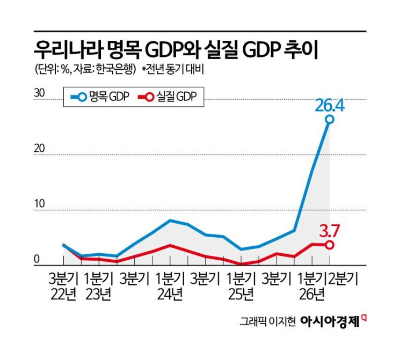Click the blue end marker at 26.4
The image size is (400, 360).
pyautogui.click(x=330, y=119)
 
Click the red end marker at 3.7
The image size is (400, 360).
pyautogui.click(x=330, y=245)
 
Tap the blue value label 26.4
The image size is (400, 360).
pyautogui.click(x=330, y=106)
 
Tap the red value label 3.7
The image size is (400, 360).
pyautogui.click(x=329, y=232)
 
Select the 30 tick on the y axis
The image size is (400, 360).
pyautogui.click(x=39, y=93)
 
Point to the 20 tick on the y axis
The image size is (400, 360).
pyautogui.click(x=39, y=149)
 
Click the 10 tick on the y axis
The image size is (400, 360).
pyautogui.click(x=39, y=204)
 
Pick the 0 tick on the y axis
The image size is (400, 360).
pyautogui.click(x=37, y=259)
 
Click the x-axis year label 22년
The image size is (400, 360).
pyautogui.click(x=63, y=295)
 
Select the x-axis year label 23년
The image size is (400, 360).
pyautogui.click(x=98, y=295)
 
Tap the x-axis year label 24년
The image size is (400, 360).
pyautogui.click(x=170, y=295)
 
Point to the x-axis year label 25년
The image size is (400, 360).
pyautogui.click(x=241, y=295)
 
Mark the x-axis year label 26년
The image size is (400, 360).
pyautogui.click(x=312, y=295)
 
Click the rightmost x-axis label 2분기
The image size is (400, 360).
pyautogui.click(x=344, y=278)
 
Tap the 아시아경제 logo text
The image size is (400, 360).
pyautogui.click(x=330, y=321)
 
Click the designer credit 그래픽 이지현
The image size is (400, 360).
pyautogui.click(x=267, y=321)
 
